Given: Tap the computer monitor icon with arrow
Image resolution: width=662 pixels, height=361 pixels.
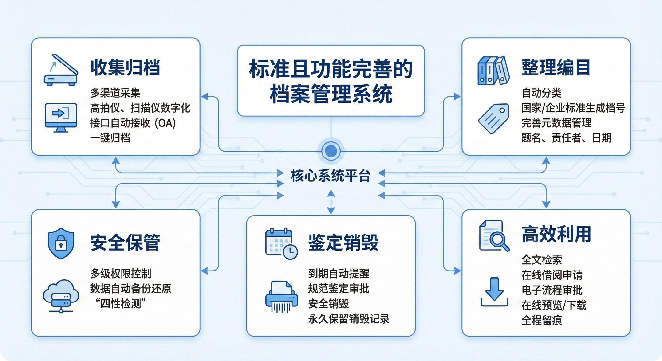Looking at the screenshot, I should point(61,117).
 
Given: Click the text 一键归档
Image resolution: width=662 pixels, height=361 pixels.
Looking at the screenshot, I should point(110,138).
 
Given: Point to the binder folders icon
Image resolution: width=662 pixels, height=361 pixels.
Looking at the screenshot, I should point(493,71).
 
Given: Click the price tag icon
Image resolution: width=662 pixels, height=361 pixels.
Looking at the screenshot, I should point(494,118).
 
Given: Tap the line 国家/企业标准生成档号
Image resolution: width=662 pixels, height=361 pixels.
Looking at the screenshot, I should point(573,108).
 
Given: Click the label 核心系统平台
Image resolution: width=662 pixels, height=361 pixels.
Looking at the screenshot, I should point(331,176).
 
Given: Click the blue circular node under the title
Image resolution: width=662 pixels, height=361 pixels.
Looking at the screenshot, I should point(331,151).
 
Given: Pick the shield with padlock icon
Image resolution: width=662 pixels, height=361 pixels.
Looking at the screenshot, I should point(61,243).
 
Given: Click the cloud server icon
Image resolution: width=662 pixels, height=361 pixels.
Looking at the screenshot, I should point(61,295).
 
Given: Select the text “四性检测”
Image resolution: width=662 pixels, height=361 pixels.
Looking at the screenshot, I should point(120,304).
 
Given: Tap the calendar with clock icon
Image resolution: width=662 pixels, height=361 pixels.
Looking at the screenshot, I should point(281,243).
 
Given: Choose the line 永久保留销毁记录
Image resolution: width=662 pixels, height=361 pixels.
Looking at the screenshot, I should point(349,319).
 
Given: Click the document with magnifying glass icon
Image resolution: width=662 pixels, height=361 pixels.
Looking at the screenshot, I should point(494,235).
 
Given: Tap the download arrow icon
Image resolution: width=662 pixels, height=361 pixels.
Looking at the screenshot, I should point(494,292).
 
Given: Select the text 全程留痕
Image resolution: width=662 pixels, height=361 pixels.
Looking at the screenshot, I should point(542,320).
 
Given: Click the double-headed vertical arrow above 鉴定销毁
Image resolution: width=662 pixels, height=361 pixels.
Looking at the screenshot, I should point(331,202).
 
